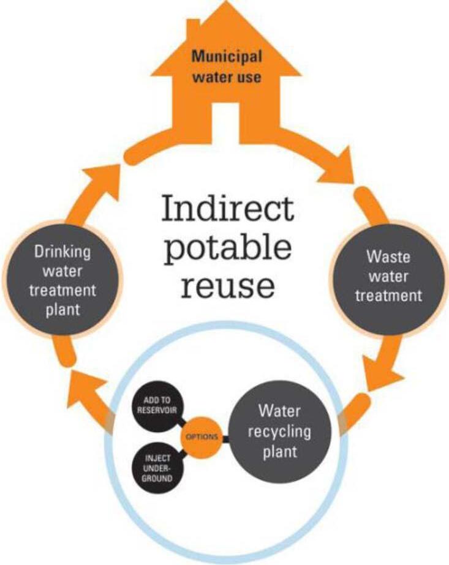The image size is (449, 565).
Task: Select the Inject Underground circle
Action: click(x=157, y=467)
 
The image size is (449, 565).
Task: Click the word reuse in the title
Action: click(x=227, y=285)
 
